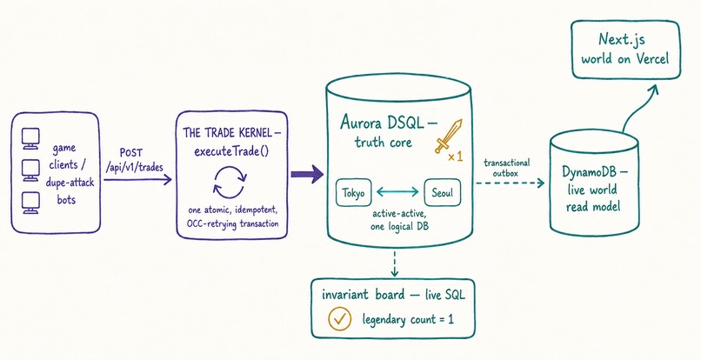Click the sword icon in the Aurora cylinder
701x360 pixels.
[449, 137]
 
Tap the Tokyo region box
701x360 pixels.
[353, 193]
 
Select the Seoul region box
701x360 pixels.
[442, 193]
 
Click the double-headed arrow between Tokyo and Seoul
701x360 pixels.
[397, 192]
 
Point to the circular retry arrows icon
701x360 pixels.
[230, 182]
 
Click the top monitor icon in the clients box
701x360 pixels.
[30, 138]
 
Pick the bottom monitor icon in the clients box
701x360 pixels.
[30, 203]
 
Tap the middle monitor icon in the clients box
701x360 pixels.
[30, 170]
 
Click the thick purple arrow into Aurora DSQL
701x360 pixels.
[307, 174]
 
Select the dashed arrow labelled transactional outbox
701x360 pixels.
[510, 183]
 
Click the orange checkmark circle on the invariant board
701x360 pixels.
[340, 318]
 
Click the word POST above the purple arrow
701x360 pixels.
[131, 153]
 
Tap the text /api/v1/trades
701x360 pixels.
[133, 168]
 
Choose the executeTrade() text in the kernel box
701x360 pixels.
[231, 151]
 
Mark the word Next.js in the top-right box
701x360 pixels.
[622, 40]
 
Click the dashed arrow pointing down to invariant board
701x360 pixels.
[394, 263]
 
